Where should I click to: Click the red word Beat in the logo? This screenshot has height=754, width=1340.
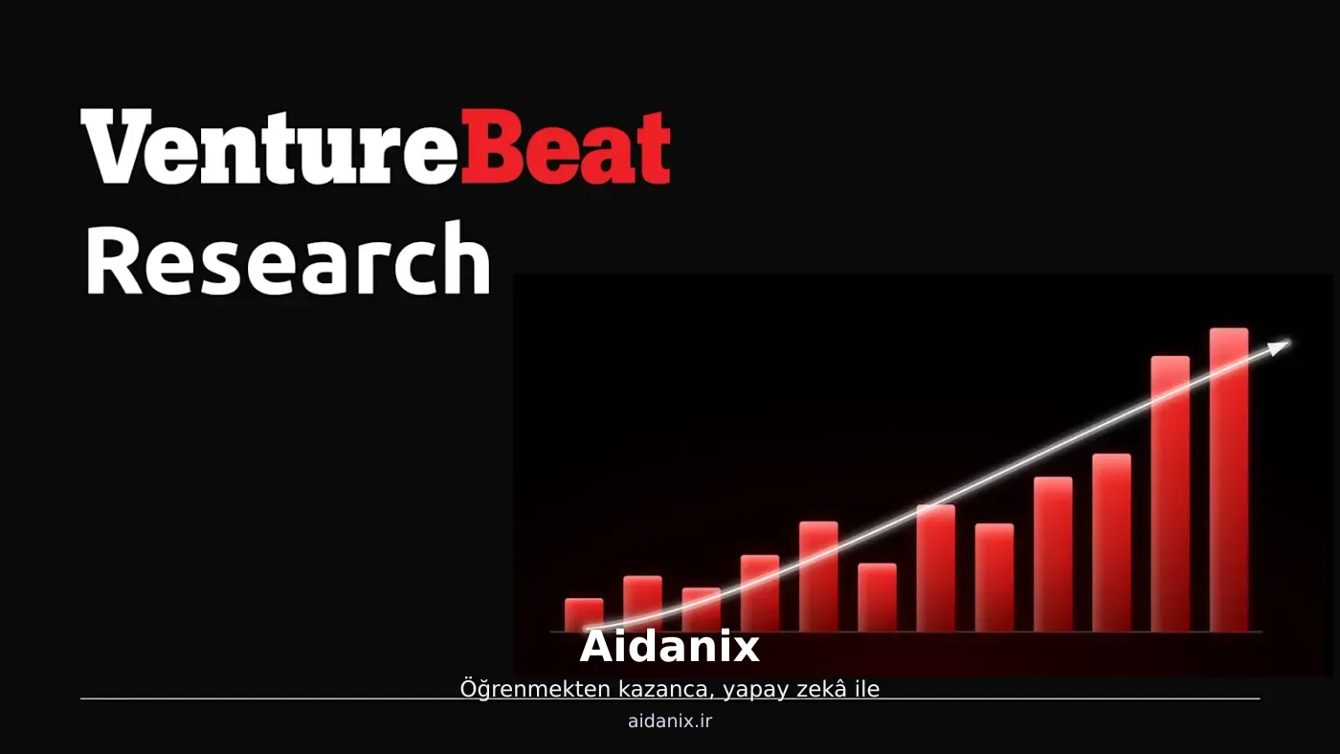566,146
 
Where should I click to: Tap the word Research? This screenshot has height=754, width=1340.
288,259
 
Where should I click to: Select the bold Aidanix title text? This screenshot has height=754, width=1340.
669,647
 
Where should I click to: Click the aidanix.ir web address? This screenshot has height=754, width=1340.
670,721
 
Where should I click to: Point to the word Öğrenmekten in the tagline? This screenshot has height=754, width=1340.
535,689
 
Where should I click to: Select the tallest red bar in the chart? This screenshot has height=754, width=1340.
1229,479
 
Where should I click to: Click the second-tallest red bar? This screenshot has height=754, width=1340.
1170,494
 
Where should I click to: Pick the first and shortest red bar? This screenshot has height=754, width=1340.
584,614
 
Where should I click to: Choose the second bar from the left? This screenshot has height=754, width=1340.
642,604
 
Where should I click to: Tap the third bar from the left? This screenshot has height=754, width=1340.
701,610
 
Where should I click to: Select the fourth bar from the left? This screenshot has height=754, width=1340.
760,593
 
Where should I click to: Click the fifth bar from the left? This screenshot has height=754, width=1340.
818,576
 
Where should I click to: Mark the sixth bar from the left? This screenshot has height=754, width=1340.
877,597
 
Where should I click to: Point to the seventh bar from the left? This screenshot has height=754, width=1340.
936,568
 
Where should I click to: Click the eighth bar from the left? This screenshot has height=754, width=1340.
994,578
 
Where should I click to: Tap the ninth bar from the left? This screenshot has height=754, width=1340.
1053,554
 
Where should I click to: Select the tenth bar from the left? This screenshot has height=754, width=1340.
1111,543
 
